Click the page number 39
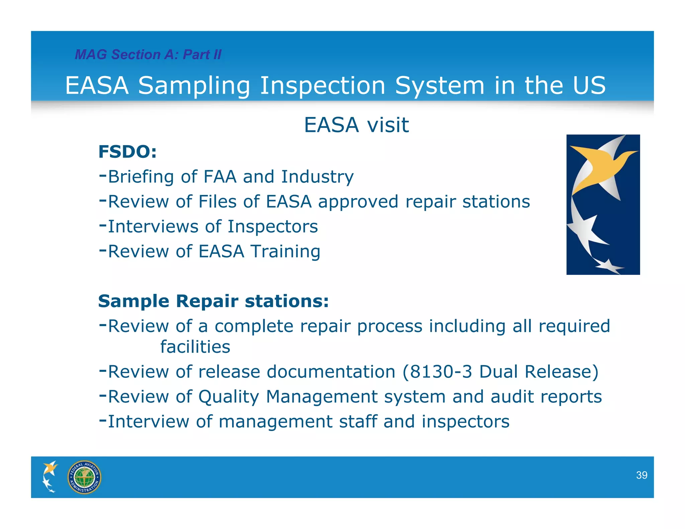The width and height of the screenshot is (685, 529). pos(641,475)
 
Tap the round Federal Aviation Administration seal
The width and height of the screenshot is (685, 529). pos(84,477)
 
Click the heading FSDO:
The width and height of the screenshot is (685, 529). pos(127,152)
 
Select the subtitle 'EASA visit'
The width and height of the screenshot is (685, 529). pos(356,125)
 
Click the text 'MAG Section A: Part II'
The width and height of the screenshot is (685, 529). pos(148,55)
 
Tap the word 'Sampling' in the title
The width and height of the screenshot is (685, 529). pos(194,86)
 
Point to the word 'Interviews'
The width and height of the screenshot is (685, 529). pos(153,226)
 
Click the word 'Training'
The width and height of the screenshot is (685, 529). pos(286,251)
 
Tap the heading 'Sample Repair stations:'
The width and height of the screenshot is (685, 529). pos(213,301)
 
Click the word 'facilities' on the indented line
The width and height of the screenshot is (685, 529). pos(195,347)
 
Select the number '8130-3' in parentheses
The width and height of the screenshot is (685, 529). pos(441,372)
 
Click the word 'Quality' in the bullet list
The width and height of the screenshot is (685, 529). pos(229,397)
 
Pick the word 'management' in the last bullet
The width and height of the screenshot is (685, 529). pos(275,421)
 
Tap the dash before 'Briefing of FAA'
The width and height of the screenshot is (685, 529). pos(103,174)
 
